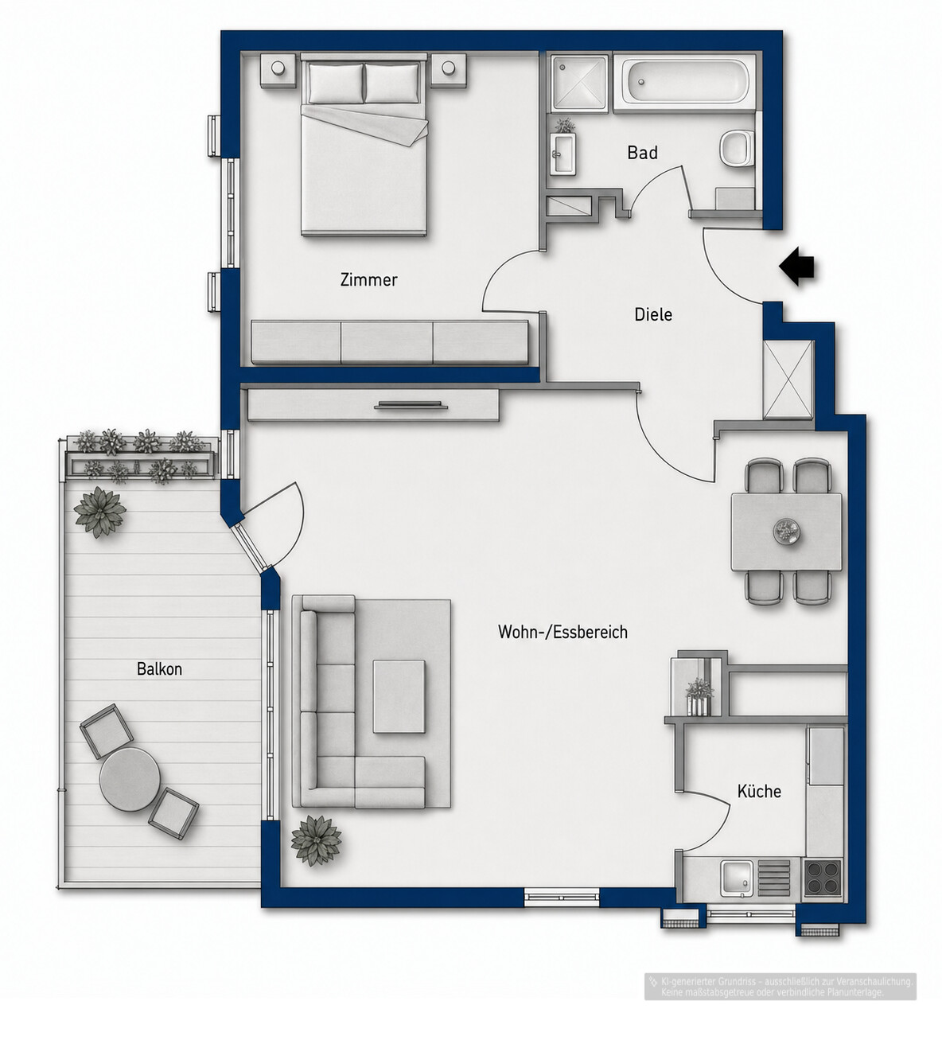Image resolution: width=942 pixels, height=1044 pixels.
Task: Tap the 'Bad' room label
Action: click(642, 153)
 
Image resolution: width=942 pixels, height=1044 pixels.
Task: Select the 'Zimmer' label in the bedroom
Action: click(368, 279)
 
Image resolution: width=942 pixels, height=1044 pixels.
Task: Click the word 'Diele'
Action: click(653, 314)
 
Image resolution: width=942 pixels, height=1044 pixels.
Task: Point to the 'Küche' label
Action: click(759, 791)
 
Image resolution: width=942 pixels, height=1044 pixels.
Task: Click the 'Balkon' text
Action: click(159, 668)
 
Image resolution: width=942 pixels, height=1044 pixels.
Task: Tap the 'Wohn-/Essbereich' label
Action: click(562, 632)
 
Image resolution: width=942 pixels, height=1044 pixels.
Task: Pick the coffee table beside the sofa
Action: click(399, 696)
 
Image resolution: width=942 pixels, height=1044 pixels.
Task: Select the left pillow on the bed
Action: click(335, 84)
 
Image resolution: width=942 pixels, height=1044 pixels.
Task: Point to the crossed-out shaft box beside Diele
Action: click(788, 379)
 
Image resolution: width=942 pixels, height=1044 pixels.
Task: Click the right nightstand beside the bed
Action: click(449, 68)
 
